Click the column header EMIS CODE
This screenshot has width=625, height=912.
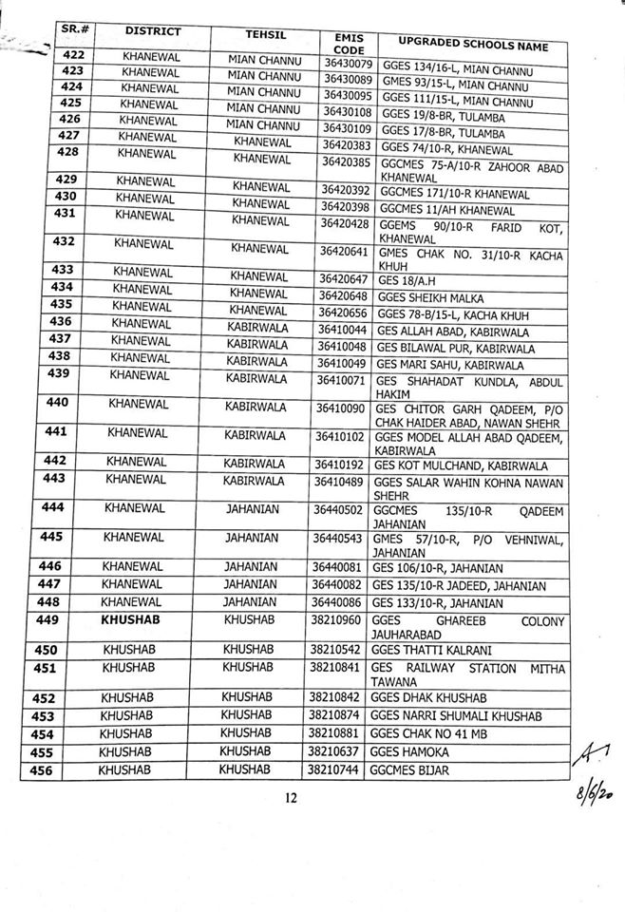tap(344, 41)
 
